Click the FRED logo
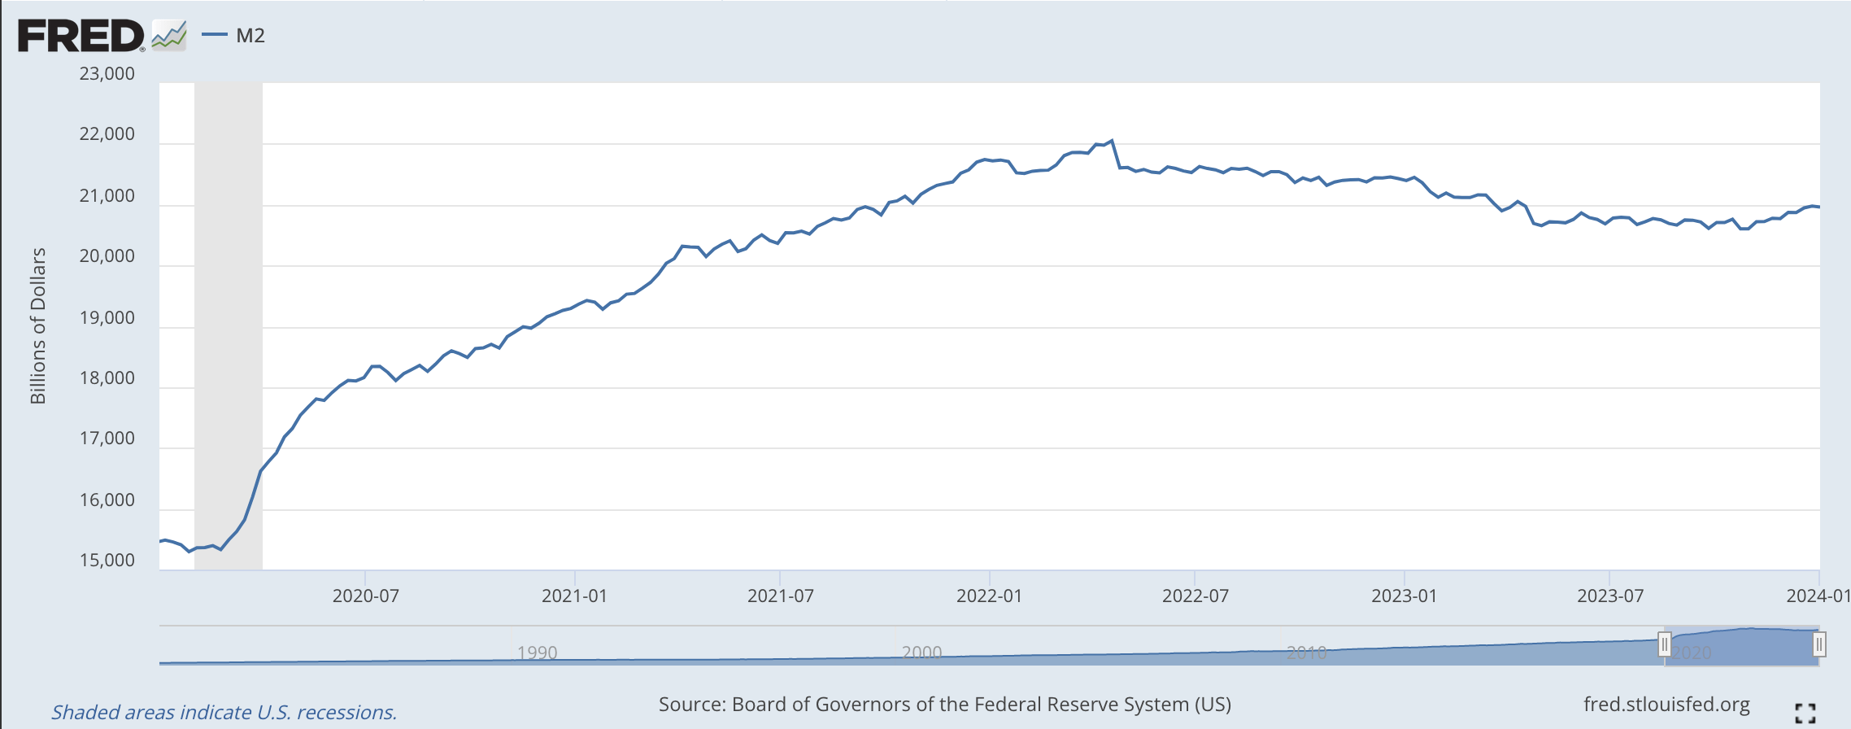[81, 37]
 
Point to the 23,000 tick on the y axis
[107, 74]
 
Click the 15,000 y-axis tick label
[107, 561]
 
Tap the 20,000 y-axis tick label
[107, 256]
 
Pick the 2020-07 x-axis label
[366, 596]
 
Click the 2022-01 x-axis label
[989, 596]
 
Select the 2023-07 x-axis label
[1610, 596]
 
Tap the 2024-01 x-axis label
[1818, 596]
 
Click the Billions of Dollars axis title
[38, 325]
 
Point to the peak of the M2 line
[1112, 141]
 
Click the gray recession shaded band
[229, 325]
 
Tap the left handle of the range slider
[1665, 645]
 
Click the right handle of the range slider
[1819, 645]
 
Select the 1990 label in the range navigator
[537, 653]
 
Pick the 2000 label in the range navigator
[921, 653]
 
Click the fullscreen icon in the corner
[1805, 713]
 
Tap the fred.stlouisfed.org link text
[1666, 705]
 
